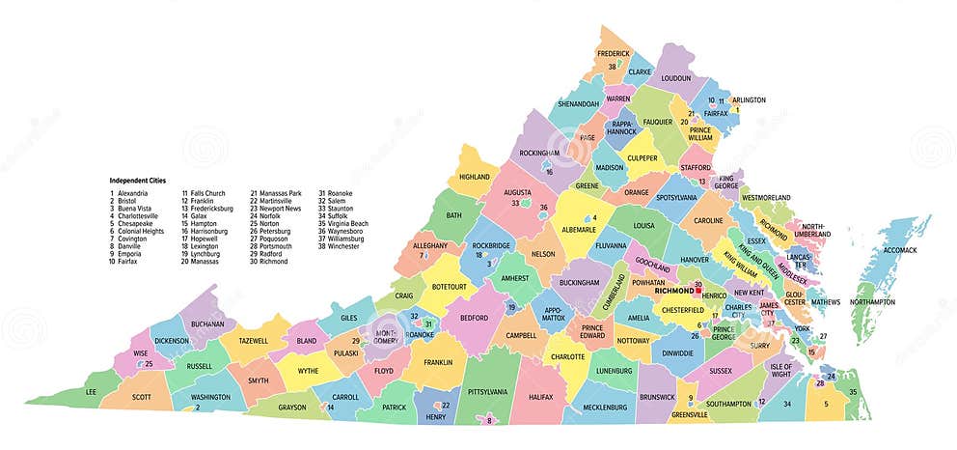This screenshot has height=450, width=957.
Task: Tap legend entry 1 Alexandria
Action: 130,193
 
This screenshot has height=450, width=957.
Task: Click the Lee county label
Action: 91,392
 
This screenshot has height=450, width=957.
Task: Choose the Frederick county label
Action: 613,53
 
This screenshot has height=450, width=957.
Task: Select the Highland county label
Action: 474,177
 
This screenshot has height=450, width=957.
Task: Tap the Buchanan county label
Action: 206,323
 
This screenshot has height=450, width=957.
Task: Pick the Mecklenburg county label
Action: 605,407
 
